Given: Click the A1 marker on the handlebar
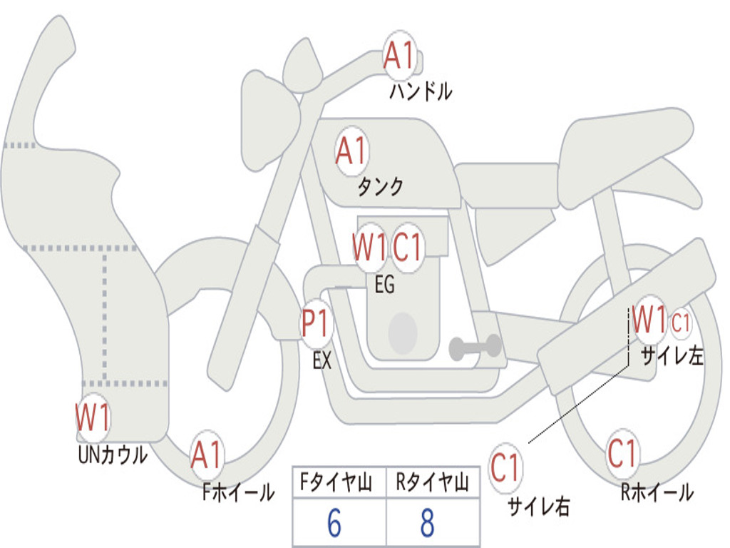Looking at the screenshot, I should pos(400,56).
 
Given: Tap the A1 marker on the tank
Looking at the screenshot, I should pos(351,151).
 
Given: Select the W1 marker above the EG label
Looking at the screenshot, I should pos(369,248).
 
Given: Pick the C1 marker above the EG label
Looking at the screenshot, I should pos(408,248).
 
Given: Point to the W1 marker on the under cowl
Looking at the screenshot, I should pos(93,417).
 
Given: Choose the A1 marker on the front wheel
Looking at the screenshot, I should pos(207,455).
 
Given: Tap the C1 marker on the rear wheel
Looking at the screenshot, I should pos(622,453).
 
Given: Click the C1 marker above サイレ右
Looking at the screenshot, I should pos(505,468).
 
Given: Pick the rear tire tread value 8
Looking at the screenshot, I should pos(427,524).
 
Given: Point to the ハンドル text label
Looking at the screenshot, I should pos(421,91).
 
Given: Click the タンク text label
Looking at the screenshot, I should pos(380,187).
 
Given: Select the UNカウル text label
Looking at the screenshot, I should pos(112,455).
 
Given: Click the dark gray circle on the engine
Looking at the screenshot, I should pos(402,333).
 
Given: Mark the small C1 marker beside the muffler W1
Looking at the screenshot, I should pos(681,323).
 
